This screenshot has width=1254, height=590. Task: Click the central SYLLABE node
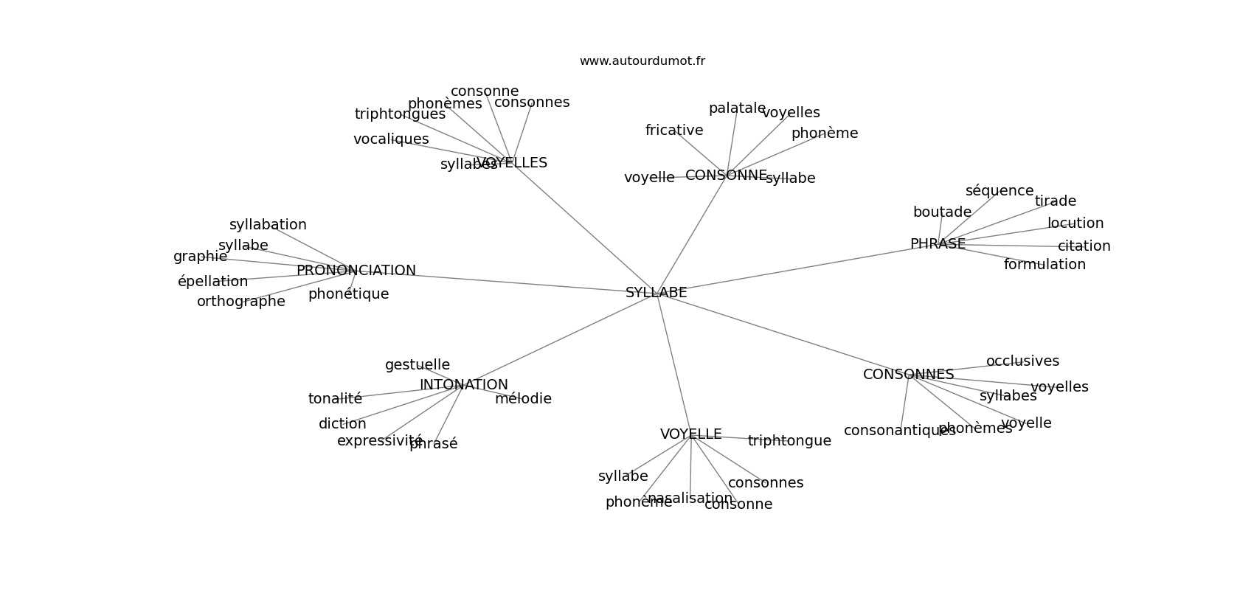656,293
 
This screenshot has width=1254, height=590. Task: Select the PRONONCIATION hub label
356,271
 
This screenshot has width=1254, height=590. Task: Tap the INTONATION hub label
463,385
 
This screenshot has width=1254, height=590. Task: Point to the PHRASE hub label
938,244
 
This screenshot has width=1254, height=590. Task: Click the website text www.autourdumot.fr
642,61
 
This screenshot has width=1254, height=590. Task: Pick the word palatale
737,109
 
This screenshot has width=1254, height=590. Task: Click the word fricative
673,131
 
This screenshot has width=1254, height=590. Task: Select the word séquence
999,191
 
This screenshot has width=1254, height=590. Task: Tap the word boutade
942,212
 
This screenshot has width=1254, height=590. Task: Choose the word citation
1084,246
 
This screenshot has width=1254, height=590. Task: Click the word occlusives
1022,361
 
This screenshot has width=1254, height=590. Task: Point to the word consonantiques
899,431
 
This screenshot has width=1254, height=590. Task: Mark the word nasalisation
690,499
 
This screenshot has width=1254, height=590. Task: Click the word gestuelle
417,365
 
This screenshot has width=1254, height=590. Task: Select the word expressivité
379,441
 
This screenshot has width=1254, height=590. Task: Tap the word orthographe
240,302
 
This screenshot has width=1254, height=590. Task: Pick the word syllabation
267,225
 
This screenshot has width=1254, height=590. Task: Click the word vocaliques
390,139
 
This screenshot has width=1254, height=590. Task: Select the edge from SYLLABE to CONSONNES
782,334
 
